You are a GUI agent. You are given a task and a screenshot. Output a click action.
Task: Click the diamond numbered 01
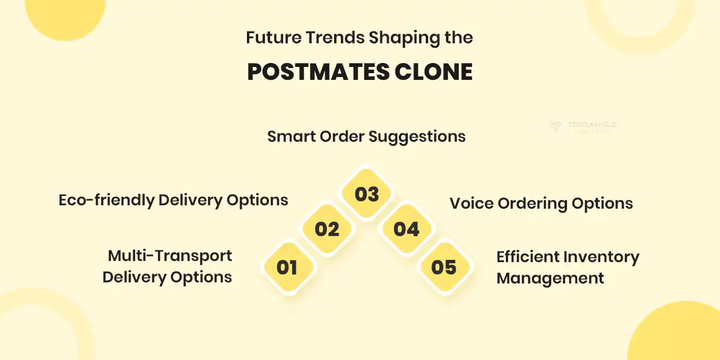pyautogui.click(x=287, y=267)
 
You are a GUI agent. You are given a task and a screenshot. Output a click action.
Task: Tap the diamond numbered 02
pyautogui.click(x=327, y=229)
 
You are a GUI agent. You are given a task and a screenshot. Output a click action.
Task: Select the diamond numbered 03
pyautogui.click(x=367, y=195)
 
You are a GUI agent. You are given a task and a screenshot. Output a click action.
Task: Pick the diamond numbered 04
pyautogui.click(x=406, y=229)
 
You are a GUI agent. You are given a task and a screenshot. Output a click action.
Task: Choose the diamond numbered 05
pyautogui.click(x=444, y=267)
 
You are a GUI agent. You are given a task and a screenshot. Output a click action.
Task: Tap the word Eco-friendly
pyautogui.click(x=106, y=200)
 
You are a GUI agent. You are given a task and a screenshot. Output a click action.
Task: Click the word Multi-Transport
pyautogui.click(x=170, y=256)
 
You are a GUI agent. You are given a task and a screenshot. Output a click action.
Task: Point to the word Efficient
pyautogui.click(x=528, y=257)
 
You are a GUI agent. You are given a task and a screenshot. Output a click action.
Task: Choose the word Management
pyautogui.click(x=550, y=278)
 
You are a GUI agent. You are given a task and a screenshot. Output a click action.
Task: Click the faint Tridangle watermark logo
pyautogui.click(x=584, y=127)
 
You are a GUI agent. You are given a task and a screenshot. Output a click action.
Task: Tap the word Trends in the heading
pyautogui.click(x=335, y=38)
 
